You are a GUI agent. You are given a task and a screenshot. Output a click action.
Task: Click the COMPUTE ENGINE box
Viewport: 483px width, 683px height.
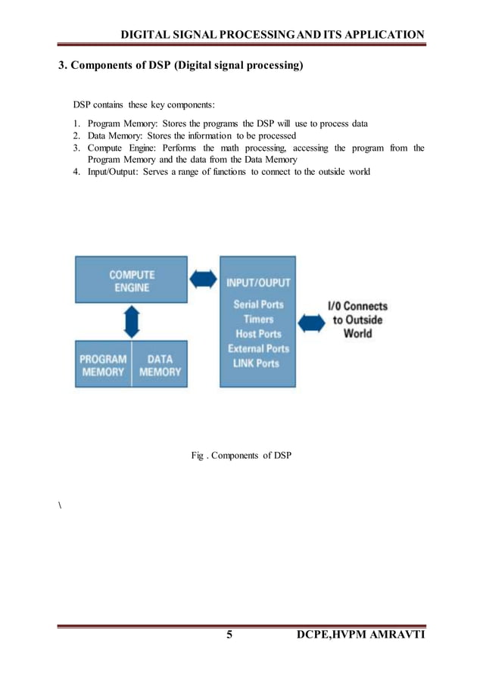pyautogui.click(x=131, y=280)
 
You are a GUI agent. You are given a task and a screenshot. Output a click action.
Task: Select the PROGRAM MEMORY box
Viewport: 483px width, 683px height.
pyautogui.click(x=102, y=365)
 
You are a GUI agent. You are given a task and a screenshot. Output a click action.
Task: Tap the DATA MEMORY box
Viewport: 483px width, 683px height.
pyautogui.click(x=160, y=365)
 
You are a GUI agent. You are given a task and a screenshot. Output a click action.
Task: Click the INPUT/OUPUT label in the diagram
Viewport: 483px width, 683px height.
pyautogui.click(x=258, y=283)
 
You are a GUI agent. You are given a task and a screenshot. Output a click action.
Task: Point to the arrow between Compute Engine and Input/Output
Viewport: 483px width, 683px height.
pyautogui.click(x=203, y=279)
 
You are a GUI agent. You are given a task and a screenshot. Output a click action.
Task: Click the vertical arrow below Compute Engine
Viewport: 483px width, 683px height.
pyautogui.click(x=132, y=322)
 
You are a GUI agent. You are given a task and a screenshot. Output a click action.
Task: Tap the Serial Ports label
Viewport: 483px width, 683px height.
pyautogui.click(x=258, y=304)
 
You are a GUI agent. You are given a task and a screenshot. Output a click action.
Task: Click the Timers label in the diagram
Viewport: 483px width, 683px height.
pyautogui.click(x=258, y=319)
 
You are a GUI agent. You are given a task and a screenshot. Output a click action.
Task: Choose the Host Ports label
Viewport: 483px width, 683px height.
pyautogui.click(x=258, y=334)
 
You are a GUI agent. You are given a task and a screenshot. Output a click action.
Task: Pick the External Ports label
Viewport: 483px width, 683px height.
pyautogui.click(x=258, y=348)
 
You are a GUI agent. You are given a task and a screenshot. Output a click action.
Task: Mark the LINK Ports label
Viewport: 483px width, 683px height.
pyautogui.click(x=258, y=363)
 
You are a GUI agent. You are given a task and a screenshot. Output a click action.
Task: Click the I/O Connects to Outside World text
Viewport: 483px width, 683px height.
pyautogui.click(x=357, y=320)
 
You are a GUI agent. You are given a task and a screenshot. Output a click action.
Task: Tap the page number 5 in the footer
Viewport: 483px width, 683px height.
pyautogui.click(x=229, y=634)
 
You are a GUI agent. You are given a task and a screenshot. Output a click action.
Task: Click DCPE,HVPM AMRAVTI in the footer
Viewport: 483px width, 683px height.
pyautogui.click(x=362, y=634)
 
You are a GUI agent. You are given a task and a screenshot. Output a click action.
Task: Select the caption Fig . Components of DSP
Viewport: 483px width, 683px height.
pyautogui.click(x=241, y=455)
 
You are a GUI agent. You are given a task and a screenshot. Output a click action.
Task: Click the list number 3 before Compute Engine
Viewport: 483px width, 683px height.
pyautogui.click(x=76, y=148)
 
